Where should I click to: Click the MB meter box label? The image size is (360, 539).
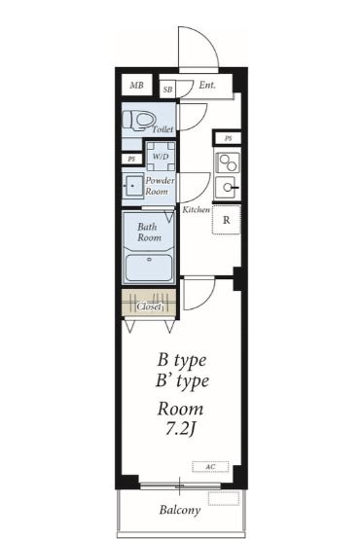coord(136,85)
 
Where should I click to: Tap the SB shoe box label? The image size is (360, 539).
coord(167,90)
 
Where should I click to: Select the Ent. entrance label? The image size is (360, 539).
coord(207,85)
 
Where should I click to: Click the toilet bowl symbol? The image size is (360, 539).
coord(138,121)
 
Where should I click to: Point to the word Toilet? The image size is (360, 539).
coord(162,129)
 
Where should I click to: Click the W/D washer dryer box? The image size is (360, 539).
coord(161,157)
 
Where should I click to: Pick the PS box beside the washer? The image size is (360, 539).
coord(131,160)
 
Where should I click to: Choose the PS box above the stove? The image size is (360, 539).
coord(228,138)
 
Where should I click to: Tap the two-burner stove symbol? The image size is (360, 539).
coord(228,162)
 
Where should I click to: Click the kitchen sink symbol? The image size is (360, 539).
coord(228,188)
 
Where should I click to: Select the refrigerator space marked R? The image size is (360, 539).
coord(227,220)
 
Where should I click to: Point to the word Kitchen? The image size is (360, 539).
coord(196,210)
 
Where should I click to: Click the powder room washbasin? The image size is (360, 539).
coord(133,186)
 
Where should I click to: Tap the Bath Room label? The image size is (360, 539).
coord(149,232)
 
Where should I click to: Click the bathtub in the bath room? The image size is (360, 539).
coord(149,268)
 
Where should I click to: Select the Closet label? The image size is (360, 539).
coord(149,306)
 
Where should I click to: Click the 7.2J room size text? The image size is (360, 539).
coord(181,428)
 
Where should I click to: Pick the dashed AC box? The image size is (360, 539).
coord(210,467)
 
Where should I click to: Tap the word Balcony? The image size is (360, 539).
coord(180,510)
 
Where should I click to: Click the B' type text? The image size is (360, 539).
coord(182,381)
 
